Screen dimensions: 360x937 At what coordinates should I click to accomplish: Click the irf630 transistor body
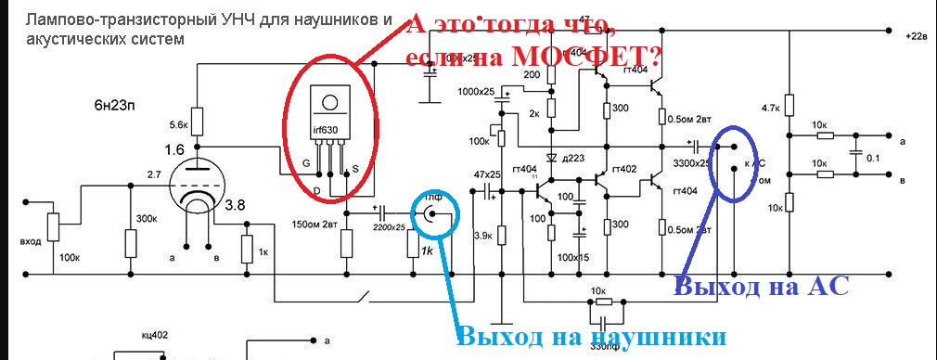[329, 125]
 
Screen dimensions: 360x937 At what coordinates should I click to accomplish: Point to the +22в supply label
[914, 36]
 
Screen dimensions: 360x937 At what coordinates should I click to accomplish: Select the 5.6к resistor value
[178, 124]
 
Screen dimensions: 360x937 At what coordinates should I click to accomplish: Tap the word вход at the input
[31, 240]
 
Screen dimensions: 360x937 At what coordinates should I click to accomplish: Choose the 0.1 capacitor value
[871, 158]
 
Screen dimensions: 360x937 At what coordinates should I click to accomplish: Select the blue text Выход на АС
[762, 287]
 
